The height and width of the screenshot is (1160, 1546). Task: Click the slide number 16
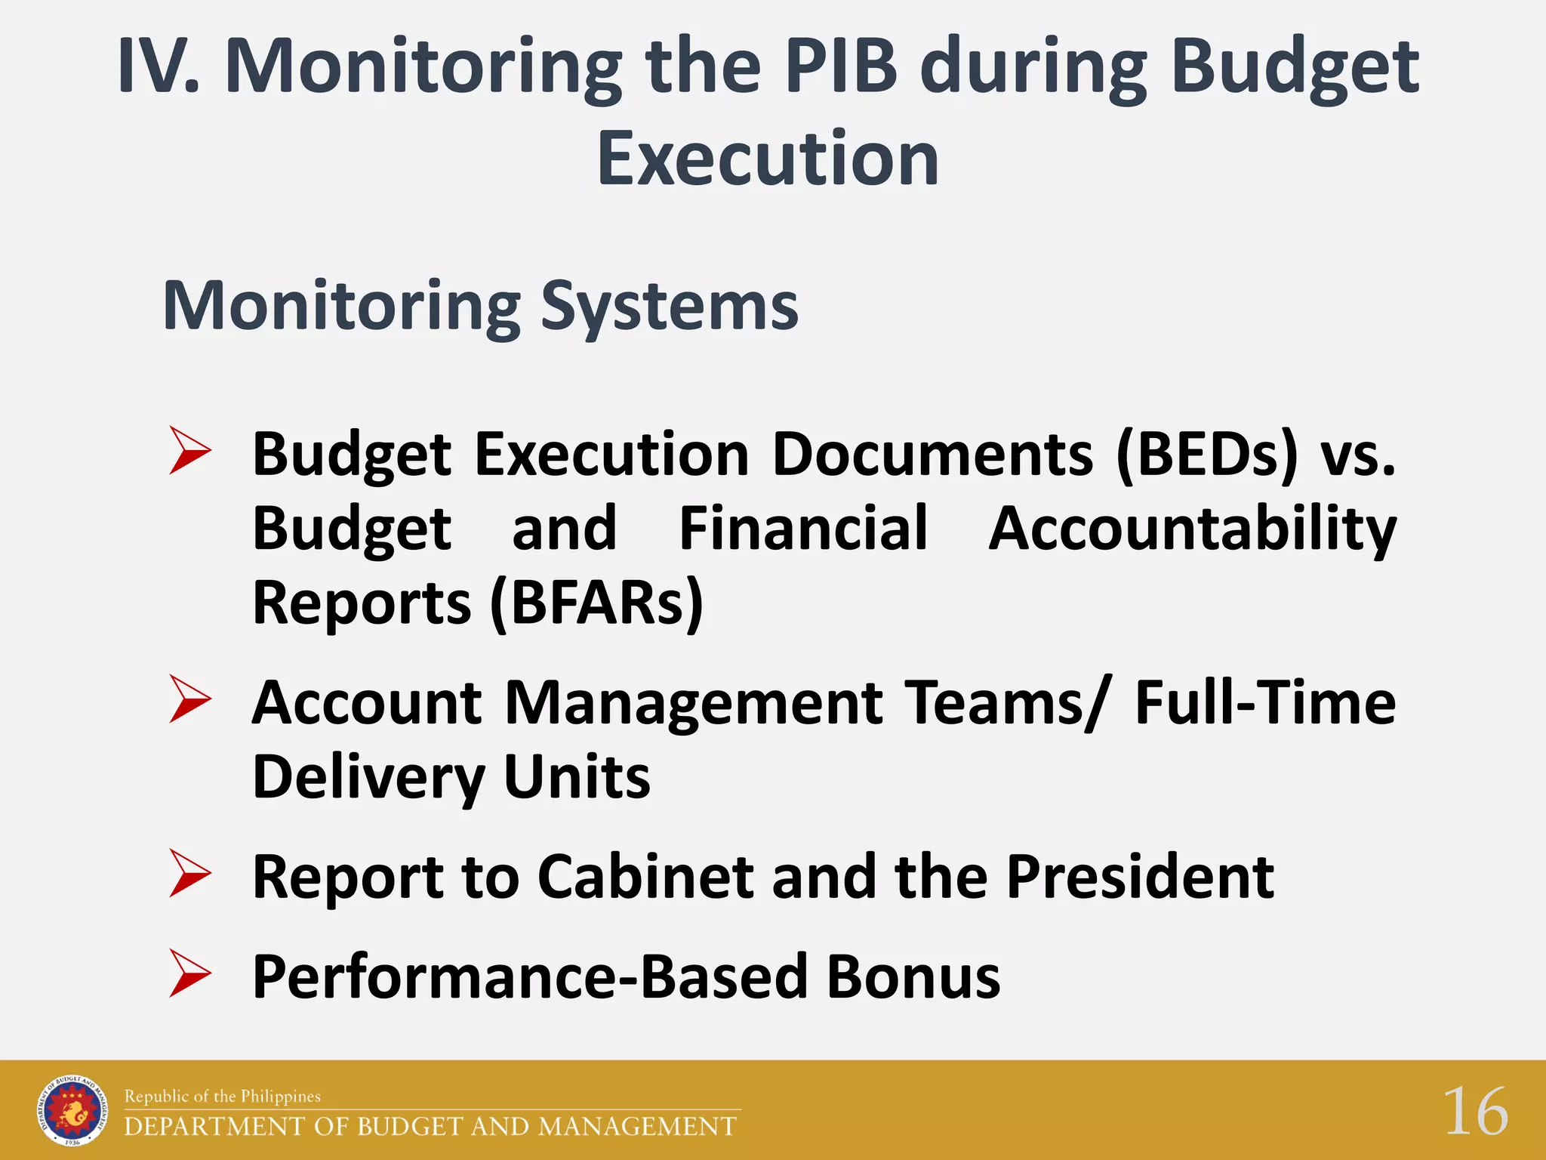point(1475,1112)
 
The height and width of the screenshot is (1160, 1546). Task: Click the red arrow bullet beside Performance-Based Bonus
point(189,974)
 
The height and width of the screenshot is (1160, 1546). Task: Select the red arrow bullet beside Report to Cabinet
point(189,874)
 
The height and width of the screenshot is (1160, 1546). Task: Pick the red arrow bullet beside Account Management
point(189,699)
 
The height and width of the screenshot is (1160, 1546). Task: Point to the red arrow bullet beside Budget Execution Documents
point(189,451)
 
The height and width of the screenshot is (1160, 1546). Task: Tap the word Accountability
point(1192,529)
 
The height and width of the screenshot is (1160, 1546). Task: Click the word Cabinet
point(645,877)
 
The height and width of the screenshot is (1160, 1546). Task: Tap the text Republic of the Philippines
point(223,1096)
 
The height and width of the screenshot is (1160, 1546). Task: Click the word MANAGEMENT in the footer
point(638,1126)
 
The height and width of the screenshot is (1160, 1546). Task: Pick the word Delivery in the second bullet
point(368,777)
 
